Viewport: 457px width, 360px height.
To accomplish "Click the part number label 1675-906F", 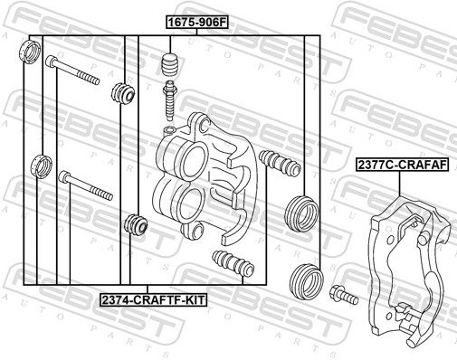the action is [x=196, y=23].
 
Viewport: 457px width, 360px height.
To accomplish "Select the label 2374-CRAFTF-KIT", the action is [x=154, y=299].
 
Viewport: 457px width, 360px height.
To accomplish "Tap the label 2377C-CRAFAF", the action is [x=402, y=165].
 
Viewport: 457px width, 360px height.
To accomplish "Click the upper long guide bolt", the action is [x=72, y=71].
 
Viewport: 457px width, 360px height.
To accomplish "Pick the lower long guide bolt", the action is [x=86, y=185].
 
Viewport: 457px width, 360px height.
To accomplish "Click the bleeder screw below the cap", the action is [x=170, y=100].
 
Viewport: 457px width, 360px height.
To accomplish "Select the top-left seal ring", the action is [x=30, y=51].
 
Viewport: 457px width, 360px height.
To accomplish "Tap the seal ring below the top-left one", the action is [x=43, y=166].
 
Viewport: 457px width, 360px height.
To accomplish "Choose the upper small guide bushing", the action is [x=123, y=93].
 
